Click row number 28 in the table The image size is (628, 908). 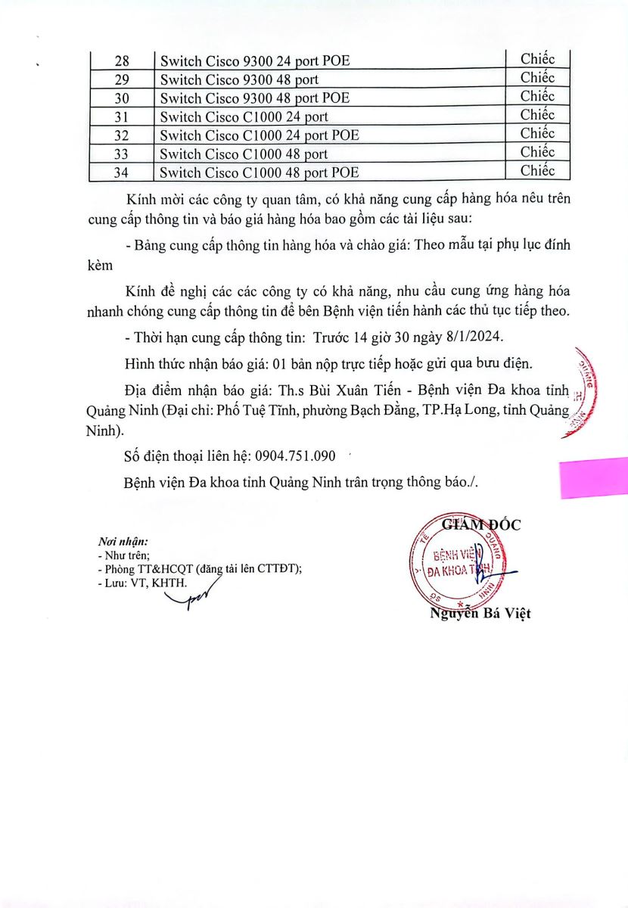tap(120, 61)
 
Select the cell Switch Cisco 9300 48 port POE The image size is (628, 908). tap(254, 98)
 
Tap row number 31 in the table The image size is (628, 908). tap(120, 117)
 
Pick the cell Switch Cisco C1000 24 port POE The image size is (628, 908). tap(259, 135)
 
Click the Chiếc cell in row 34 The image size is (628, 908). tap(537, 171)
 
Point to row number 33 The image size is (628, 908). tap(120, 154)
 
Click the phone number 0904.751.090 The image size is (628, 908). tap(295, 457)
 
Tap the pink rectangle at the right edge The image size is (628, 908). tap(594, 477)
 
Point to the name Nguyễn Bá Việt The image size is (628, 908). tap(480, 614)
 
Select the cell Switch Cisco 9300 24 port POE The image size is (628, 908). tap(254, 61)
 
